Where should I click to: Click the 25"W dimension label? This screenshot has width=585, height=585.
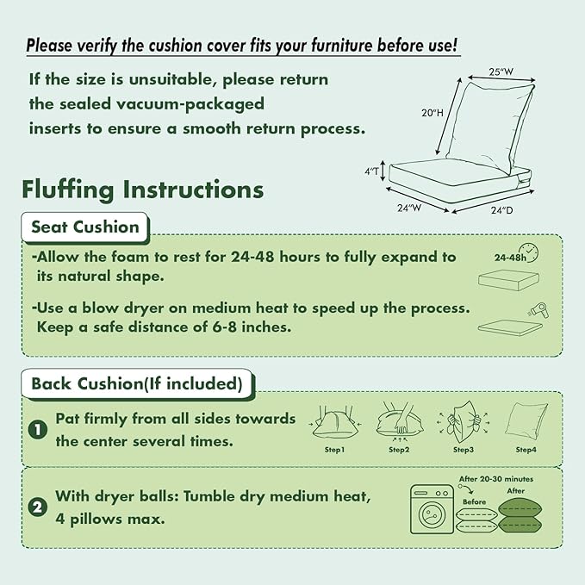click(x=501, y=72)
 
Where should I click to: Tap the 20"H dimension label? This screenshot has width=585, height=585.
click(x=433, y=113)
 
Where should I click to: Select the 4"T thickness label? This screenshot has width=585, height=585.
click(x=371, y=171)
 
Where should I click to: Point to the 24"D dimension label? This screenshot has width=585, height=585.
click(x=501, y=210)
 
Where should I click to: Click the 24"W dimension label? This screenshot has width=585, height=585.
click(x=409, y=208)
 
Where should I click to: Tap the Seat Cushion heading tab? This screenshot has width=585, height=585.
click(x=85, y=227)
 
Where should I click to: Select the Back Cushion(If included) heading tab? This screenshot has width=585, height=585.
click(x=137, y=384)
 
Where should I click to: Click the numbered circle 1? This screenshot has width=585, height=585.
click(x=38, y=430)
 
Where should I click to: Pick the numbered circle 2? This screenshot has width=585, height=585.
click(x=38, y=507)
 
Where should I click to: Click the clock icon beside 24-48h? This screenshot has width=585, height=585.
click(x=529, y=252)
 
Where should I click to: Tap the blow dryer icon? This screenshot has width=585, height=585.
click(x=539, y=311)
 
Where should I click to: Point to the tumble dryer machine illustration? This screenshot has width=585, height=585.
click(x=432, y=509)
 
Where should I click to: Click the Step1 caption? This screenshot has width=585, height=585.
click(x=334, y=450)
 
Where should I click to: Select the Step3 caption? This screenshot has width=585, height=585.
click(x=464, y=450)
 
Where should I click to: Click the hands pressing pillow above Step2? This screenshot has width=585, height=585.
click(x=400, y=420)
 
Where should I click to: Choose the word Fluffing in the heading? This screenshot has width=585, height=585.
click(x=67, y=190)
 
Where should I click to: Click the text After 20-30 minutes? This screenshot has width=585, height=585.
click(x=496, y=479)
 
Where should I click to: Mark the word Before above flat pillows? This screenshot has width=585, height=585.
click(x=474, y=502)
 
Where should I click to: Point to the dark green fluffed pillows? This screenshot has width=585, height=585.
click(x=520, y=515)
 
